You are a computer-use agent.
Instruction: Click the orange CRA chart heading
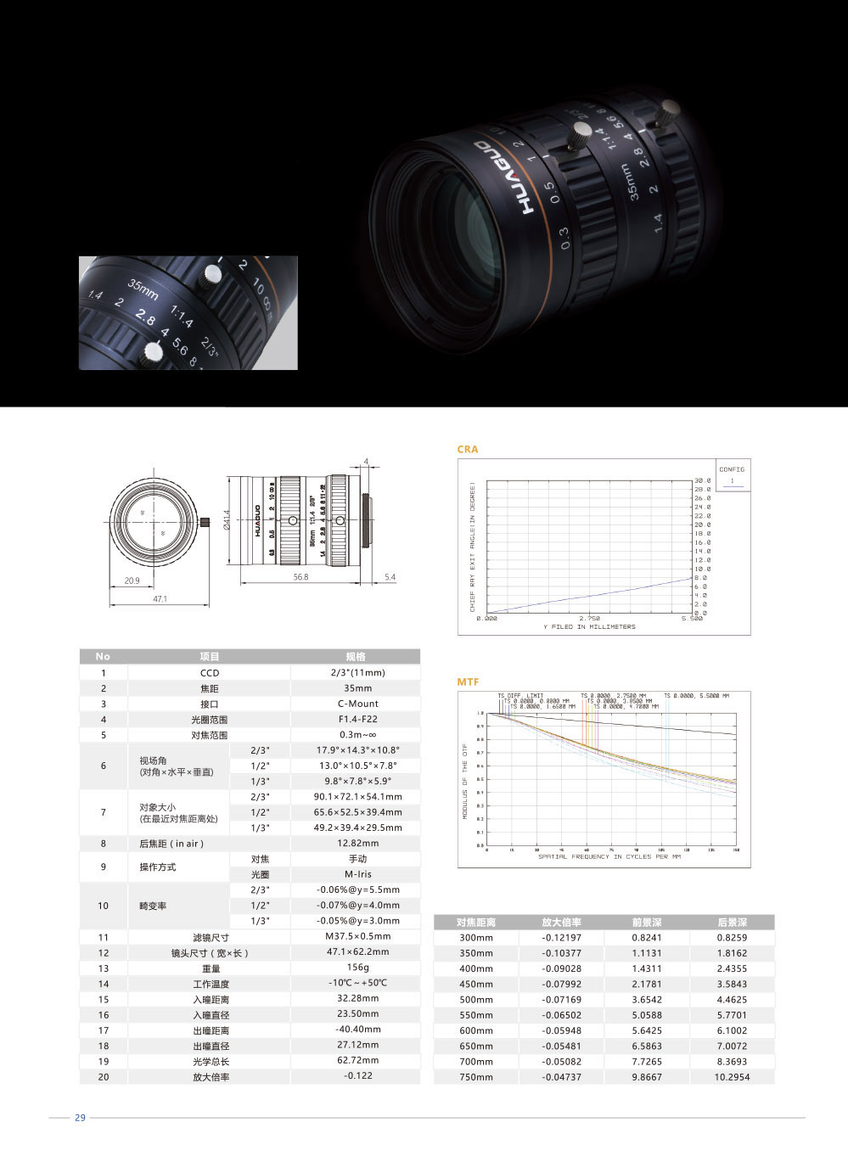[468, 449]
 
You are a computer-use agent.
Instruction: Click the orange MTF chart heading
[468, 682]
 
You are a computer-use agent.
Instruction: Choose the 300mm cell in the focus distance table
[476, 938]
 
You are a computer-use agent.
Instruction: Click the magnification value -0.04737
[562, 1077]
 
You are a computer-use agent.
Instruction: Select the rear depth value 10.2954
[732, 1077]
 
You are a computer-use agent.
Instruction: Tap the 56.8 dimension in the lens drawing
[300, 577]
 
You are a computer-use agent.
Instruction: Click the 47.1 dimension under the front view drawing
[160, 599]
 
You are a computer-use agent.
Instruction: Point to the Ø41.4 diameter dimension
[227, 520]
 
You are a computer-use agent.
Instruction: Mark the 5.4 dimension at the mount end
[390, 577]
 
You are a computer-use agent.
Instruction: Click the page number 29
[81, 1118]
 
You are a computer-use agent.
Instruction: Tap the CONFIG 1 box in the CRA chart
[731, 475]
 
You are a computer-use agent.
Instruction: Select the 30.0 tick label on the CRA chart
[702, 480]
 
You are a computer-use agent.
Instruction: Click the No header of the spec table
[103, 656]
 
